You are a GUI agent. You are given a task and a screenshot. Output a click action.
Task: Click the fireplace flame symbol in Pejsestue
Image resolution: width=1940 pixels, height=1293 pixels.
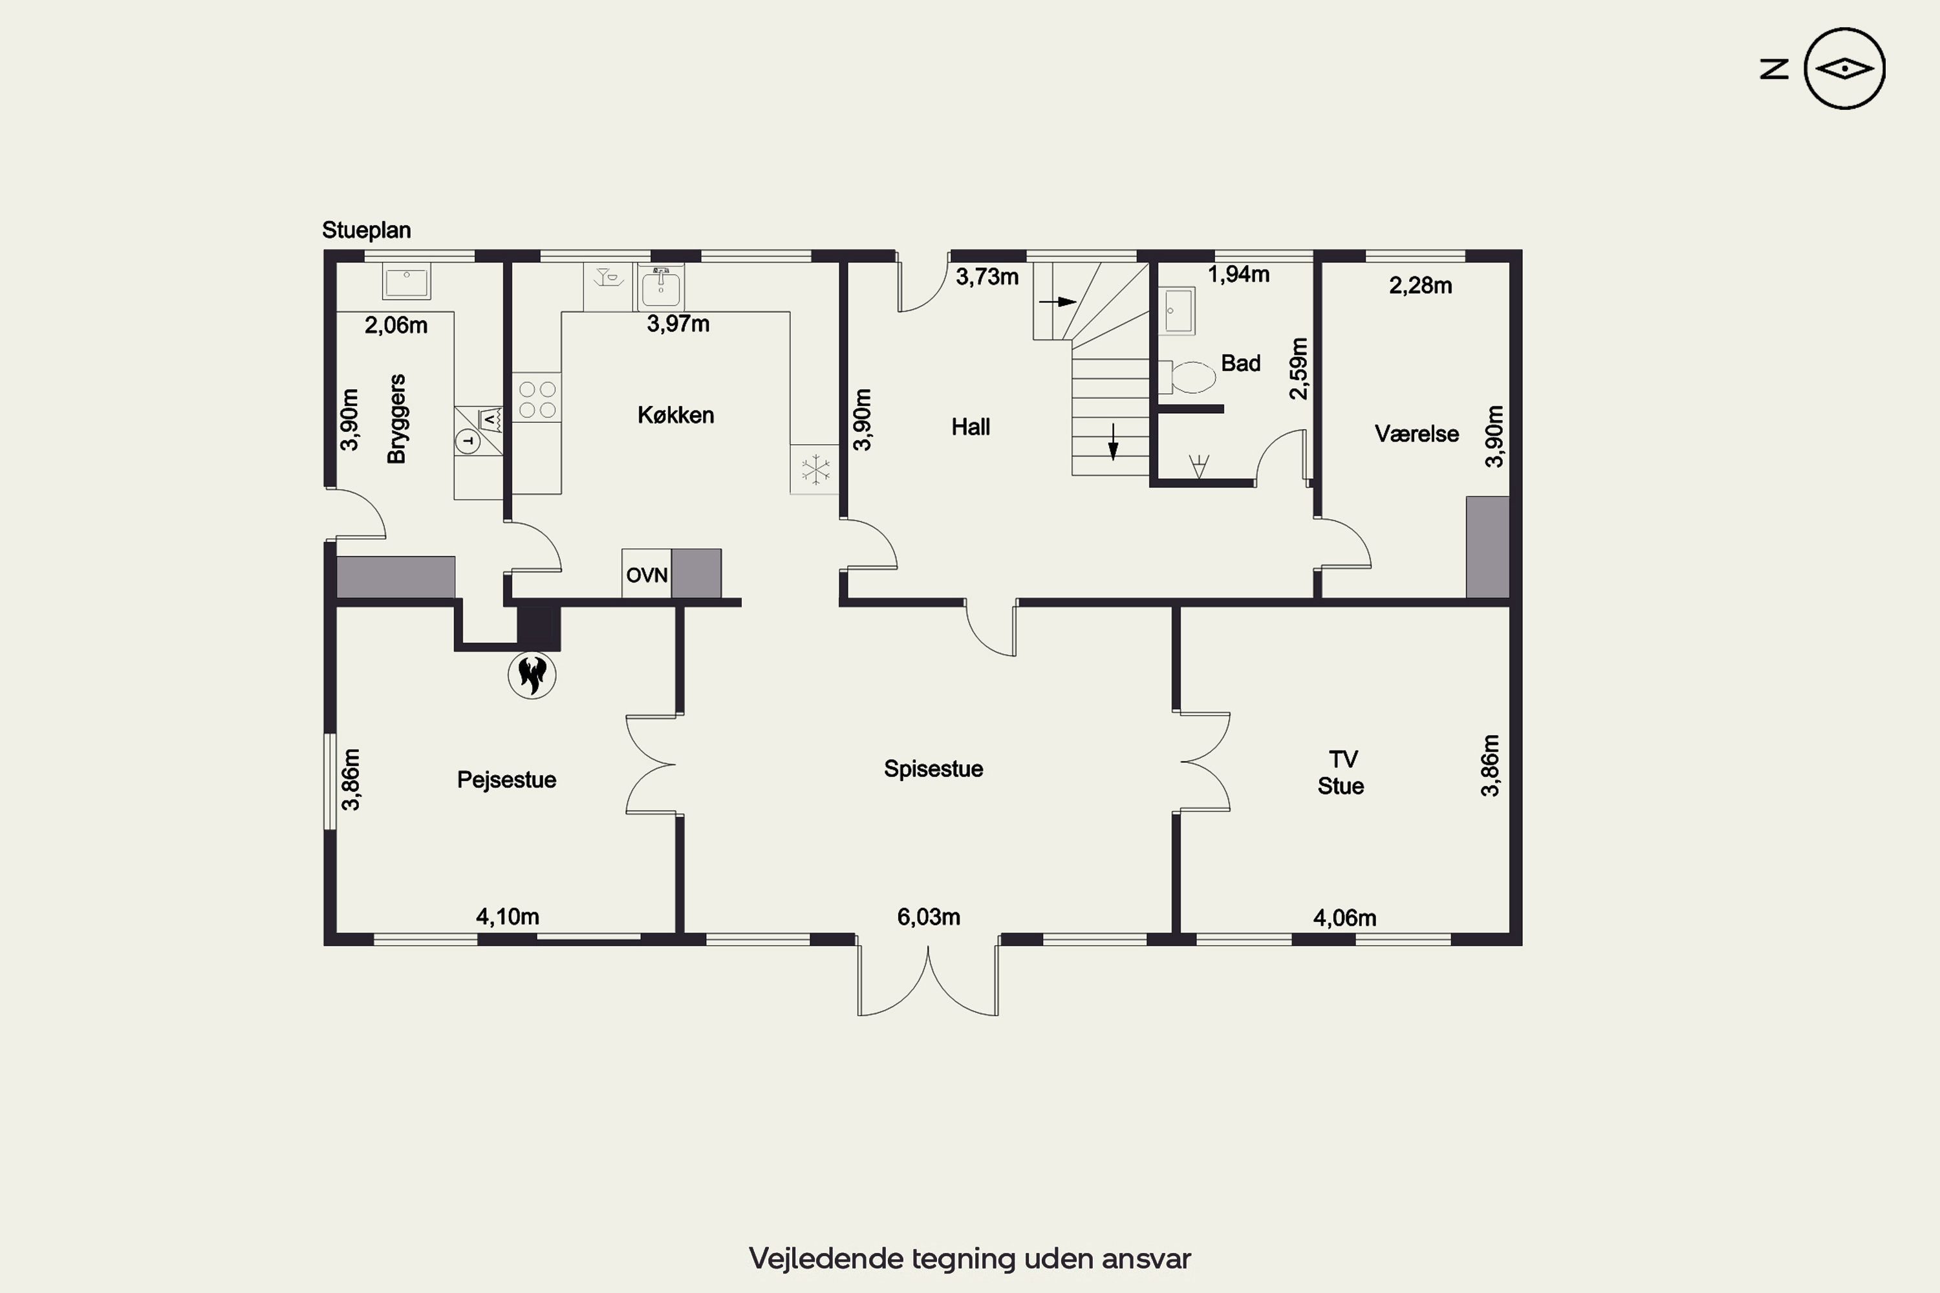pos(532,674)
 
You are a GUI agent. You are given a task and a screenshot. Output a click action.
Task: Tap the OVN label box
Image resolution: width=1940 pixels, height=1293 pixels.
pos(647,574)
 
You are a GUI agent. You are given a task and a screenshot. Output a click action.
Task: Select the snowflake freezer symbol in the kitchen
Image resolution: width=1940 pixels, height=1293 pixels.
pos(815,470)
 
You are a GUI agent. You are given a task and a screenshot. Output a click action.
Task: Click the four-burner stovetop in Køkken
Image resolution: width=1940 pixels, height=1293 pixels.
pos(537,398)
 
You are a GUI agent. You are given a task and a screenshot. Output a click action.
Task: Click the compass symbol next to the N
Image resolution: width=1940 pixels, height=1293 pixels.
pos(1844,69)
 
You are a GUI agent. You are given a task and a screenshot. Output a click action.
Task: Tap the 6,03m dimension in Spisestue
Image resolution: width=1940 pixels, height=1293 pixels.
pos(929,917)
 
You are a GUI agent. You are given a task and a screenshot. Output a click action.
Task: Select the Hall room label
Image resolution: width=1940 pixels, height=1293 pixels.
pos(971,427)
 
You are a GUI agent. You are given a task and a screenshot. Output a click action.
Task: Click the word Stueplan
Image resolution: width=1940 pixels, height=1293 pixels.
pos(366,230)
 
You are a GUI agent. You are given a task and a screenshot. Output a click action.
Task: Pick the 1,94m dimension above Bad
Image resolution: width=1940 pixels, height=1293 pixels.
pos(1239,275)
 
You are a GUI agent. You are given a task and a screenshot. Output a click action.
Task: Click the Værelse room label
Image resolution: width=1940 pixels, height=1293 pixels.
pos(1417,434)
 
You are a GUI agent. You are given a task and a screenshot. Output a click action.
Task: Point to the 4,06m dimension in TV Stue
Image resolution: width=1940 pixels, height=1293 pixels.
pos(1344,918)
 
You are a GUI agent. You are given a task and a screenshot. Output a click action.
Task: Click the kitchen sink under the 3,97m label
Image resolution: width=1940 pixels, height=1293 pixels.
pos(661,287)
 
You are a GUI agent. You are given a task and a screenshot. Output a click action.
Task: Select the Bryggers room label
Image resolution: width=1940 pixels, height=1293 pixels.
pos(397,419)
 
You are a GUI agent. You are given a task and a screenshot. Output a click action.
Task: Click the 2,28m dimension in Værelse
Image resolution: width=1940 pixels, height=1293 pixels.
pos(1420,285)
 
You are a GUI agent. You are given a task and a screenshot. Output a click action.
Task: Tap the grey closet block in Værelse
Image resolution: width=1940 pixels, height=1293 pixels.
pos(1488,548)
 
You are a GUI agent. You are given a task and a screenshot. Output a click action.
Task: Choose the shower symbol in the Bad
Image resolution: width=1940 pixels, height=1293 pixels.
pos(1198,466)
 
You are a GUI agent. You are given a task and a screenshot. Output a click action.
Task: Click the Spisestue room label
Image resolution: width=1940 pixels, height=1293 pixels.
pos(934,769)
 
